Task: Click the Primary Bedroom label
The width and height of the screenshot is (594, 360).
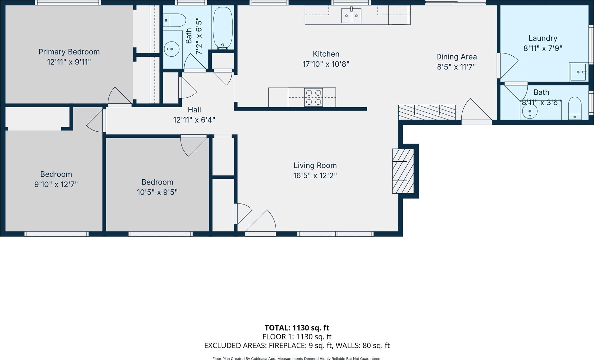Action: [69, 52]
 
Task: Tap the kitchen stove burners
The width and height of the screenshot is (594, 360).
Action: [313, 97]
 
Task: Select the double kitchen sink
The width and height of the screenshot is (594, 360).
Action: [351, 15]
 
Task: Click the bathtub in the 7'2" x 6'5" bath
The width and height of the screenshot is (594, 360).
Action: [223, 28]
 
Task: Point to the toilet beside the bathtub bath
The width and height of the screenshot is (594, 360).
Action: [174, 20]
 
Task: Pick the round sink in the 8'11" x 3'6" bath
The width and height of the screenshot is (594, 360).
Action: [530, 112]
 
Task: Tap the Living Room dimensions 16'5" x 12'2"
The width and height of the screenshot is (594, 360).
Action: [315, 175]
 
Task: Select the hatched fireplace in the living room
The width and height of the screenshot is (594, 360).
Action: [403, 171]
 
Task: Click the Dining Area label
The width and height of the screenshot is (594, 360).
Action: [456, 57]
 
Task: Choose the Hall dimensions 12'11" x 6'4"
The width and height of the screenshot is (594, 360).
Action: [194, 120]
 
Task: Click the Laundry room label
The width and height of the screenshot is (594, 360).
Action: [543, 38]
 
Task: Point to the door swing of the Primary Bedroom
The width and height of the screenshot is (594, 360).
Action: [120, 96]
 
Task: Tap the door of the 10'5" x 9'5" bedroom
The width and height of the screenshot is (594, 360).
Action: [193, 146]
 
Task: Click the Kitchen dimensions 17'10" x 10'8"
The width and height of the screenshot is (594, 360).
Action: [326, 64]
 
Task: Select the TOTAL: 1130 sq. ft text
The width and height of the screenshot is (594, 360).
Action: [297, 328]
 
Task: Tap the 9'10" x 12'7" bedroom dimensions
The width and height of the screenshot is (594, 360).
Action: [56, 184]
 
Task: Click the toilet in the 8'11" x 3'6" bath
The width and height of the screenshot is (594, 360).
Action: [575, 109]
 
